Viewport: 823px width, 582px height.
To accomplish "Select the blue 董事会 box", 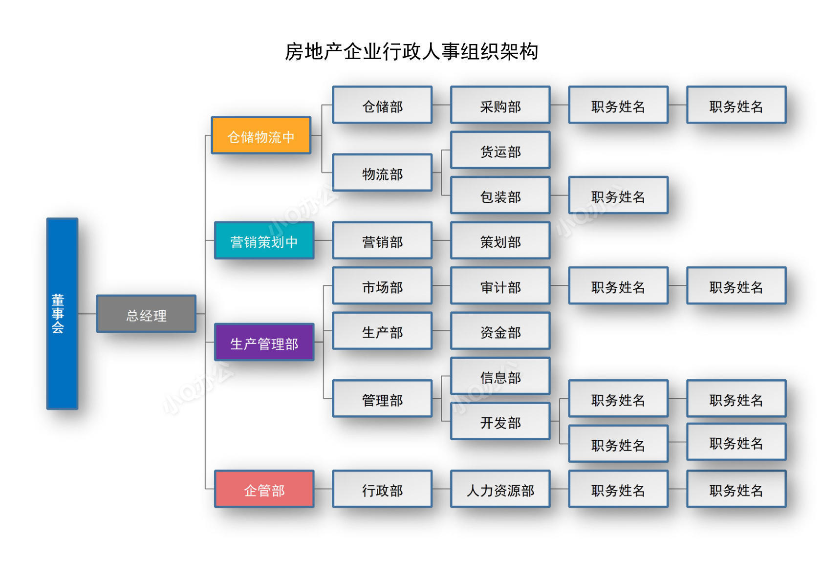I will point(62,313).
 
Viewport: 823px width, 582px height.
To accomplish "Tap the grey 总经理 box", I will point(146,314).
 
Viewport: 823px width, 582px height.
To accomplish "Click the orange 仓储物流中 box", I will point(261,135).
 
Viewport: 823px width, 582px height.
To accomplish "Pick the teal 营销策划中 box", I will point(264,240).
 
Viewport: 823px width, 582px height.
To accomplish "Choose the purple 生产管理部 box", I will point(264,342).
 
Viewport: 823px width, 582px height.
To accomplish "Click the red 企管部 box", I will point(264,489).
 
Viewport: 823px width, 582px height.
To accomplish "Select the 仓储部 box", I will point(382,105).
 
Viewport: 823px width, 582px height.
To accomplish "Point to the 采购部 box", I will point(500,105).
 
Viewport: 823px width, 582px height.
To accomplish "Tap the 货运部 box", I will point(500,150).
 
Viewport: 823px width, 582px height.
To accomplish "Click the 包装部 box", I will point(500,195).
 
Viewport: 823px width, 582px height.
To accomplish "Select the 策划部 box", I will point(500,240).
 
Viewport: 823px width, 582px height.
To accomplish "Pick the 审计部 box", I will point(500,286).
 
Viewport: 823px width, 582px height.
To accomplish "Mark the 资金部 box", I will point(500,331).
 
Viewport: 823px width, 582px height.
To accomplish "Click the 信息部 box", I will point(500,376).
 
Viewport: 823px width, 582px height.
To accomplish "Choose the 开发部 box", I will point(500,421).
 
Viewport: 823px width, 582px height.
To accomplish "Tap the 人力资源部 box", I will point(500,489).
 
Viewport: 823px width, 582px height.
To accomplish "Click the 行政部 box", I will point(382,489).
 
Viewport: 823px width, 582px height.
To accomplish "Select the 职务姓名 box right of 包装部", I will point(618,195).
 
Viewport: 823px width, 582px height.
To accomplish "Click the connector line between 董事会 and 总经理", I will point(87,314).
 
